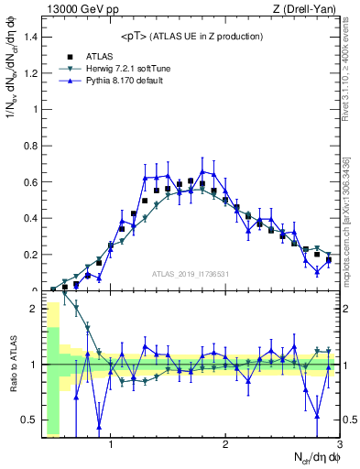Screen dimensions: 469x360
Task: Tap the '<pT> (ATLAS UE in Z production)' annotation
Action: click(x=191, y=36)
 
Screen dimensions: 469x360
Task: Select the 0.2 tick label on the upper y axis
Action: click(x=31, y=255)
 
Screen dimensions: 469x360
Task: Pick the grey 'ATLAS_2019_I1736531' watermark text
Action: click(x=191, y=274)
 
